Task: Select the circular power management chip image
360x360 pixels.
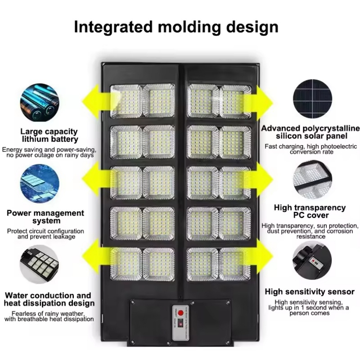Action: [40, 184]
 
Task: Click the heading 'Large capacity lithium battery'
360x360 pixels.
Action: [49, 135]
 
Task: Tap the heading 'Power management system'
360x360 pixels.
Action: [45, 217]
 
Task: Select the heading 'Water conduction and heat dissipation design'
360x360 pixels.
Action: [49, 299]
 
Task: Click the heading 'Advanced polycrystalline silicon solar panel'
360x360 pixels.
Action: [310, 132]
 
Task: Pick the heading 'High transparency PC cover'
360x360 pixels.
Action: [310, 211]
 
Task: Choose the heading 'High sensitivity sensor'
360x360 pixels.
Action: [310, 292]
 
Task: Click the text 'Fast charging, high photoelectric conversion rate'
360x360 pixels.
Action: [310, 149]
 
